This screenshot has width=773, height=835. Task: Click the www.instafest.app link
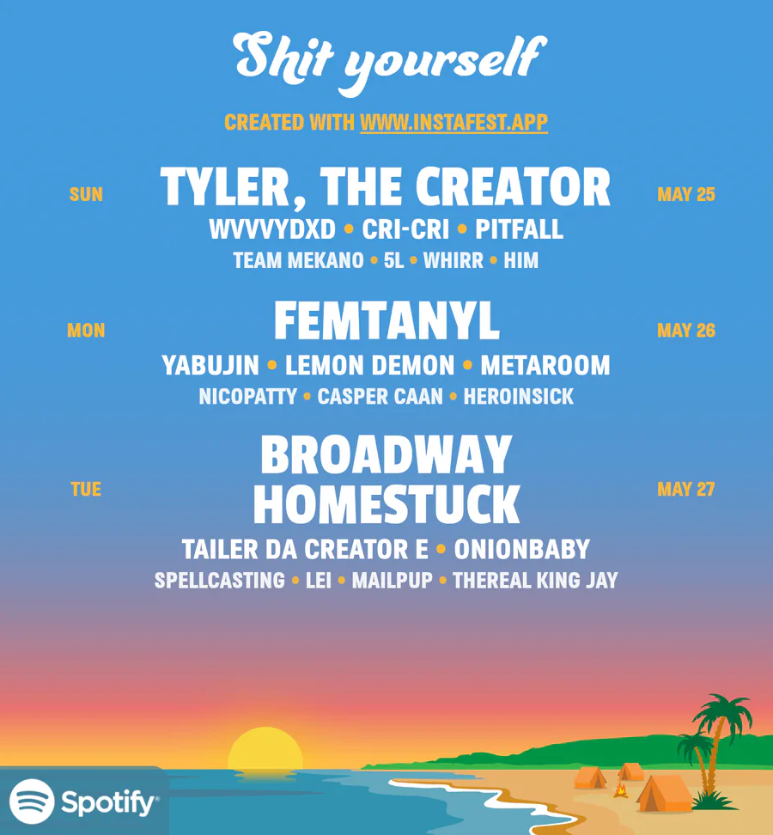coord(453,123)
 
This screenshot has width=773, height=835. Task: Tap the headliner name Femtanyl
coord(387,320)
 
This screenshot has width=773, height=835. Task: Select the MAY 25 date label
coord(686,194)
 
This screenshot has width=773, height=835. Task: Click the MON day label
coord(86,330)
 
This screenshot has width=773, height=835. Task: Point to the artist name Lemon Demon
coord(369,365)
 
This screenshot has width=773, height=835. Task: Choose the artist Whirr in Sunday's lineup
coord(453,260)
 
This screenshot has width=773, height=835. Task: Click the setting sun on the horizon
coord(265,749)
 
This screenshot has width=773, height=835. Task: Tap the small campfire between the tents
coord(620,789)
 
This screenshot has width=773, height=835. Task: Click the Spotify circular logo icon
coord(32,801)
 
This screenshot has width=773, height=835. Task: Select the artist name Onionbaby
coord(521,550)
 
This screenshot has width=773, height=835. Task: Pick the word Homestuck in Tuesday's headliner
coord(386,503)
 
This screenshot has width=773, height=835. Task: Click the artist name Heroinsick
coord(519,397)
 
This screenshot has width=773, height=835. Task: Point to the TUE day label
coord(86,489)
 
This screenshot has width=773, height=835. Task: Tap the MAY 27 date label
coord(686,489)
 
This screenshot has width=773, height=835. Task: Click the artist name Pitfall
coord(519,229)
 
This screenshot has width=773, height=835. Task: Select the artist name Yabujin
coord(210,365)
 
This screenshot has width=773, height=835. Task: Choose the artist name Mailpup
coord(393,581)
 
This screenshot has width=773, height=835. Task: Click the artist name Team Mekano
coord(298,260)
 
